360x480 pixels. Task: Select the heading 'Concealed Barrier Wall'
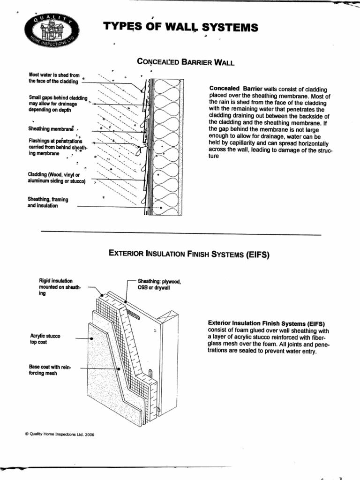[185, 62]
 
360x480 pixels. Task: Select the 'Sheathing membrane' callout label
[51, 129]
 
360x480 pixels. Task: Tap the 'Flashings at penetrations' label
[55, 141]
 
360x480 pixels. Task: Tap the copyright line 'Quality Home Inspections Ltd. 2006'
[59, 435]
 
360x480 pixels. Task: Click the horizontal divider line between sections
[181, 233]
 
